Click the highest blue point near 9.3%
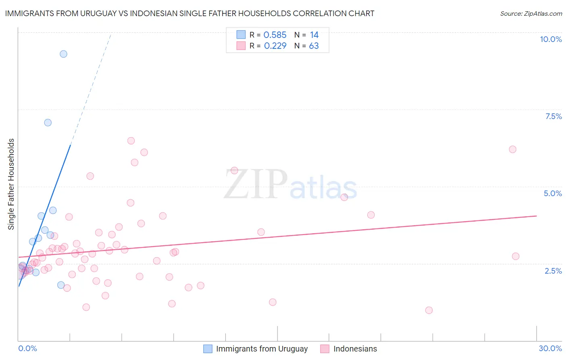[63, 54]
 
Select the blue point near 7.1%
[48, 123]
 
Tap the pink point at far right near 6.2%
[513, 149]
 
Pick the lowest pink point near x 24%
[429, 310]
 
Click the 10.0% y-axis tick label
[550, 39]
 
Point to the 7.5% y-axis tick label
[553, 116]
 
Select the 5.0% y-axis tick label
[552, 193]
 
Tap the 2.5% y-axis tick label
[553, 271]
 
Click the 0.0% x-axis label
[28, 348]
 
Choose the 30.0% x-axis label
[550, 348]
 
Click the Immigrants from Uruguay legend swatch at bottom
[208, 349]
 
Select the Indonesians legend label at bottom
[355, 349]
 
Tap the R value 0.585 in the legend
[275, 35]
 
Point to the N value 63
[314, 46]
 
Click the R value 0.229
[275, 46]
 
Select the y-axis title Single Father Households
[11, 184]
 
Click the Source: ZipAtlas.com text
[531, 14]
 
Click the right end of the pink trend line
[536, 216]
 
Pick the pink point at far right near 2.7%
[515, 256]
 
